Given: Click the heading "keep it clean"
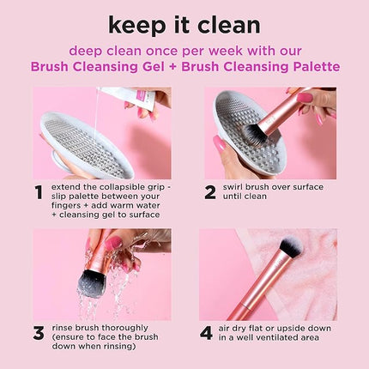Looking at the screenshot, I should point(184,23).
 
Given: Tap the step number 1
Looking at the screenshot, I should point(38,192).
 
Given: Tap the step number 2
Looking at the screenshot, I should point(209,192).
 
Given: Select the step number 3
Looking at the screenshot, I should point(38,333).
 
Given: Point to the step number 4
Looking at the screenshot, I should point(207,333).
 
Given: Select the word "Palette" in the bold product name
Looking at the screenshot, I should point(312,67).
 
